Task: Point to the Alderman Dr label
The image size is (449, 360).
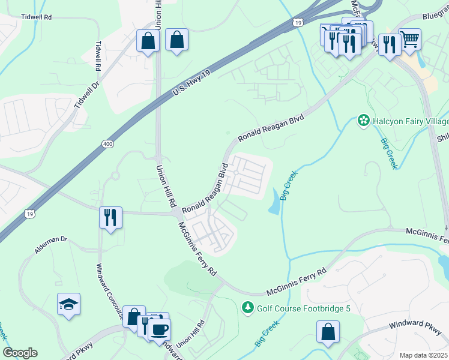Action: pos(51,245)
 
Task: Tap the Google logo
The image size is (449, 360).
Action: pos(20,353)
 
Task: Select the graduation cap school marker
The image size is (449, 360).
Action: pos(69,304)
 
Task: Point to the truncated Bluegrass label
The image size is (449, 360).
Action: pos(435,18)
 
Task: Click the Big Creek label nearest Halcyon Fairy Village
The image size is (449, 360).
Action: pos(388,154)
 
